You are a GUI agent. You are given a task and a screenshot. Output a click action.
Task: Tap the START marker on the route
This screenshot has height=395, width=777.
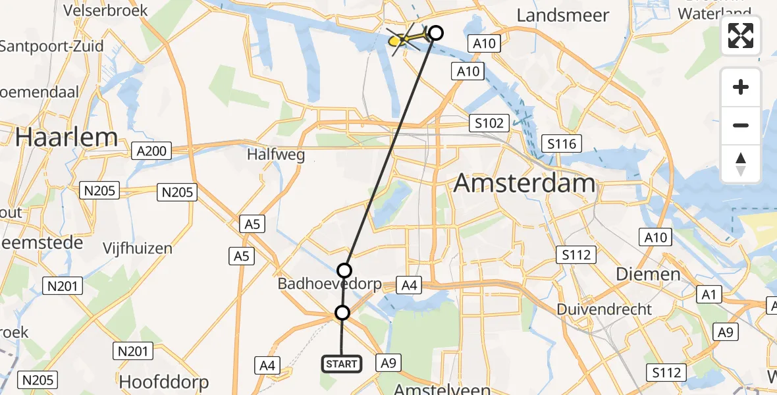(x=342, y=363)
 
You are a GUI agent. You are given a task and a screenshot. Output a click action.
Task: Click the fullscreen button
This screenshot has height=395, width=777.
(x=741, y=36)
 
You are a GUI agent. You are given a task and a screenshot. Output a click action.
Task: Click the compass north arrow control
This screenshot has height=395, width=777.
(x=741, y=164)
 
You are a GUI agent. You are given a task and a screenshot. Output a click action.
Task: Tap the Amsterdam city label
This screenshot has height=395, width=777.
(x=525, y=182)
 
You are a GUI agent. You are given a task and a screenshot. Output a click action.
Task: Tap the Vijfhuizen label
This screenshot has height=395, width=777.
(x=138, y=248)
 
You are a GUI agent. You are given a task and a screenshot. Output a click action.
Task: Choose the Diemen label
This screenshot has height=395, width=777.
(x=648, y=274)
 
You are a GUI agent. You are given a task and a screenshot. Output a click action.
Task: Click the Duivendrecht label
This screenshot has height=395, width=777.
(x=604, y=309)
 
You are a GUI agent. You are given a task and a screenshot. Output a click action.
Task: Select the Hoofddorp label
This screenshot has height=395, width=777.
(x=164, y=381)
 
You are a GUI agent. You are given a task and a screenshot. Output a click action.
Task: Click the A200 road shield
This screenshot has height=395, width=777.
(x=151, y=151)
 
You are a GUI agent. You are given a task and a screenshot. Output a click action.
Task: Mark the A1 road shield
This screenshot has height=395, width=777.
(x=709, y=295)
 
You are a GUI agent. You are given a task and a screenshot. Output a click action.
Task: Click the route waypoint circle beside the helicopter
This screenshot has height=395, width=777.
(x=435, y=32)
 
